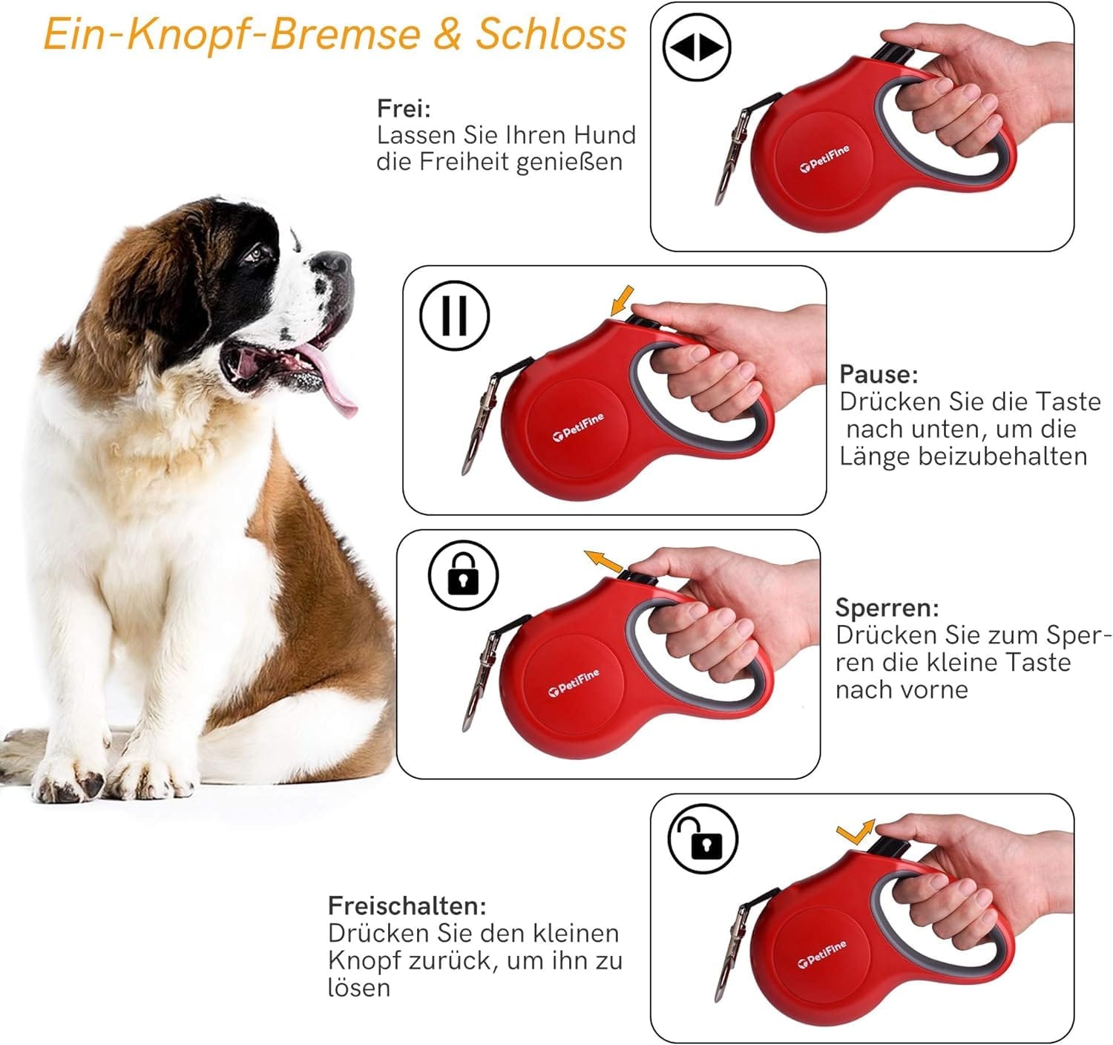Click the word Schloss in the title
(x=551, y=33)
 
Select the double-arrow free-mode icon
(x=697, y=47)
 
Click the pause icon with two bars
(x=455, y=315)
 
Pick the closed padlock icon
(x=463, y=575)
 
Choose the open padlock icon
(x=703, y=839)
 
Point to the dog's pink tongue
(x=331, y=379)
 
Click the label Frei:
(x=404, y=109)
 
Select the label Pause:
(x=879, y=375)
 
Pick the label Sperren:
(x=887, y=609)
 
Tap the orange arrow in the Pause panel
(x=622, y=301)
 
